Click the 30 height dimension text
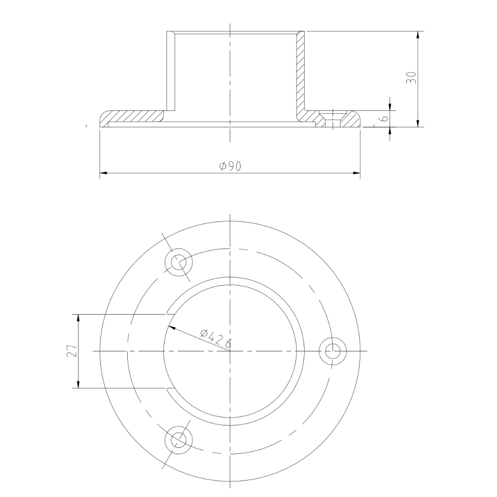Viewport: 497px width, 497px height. pyautogui.click(x=411, y=77)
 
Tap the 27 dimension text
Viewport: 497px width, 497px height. pyautogui.click(x=72, y=351)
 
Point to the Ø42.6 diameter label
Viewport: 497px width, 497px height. pyautogui.click(x=215, y=338)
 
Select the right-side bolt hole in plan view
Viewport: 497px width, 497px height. pyautogui.click(x=332, y=351)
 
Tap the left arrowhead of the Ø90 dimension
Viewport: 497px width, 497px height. pyautogui.click(x=103, y=173)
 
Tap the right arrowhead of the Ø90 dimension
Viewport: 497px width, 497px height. pyautogui.click(x=356, y=173)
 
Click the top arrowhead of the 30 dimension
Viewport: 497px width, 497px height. pyautogui.click(x=417, y=35)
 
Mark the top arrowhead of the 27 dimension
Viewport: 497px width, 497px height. pyautogui.click(x=78, y=318)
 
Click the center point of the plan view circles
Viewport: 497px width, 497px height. pyautogui.click(x=230, y=351)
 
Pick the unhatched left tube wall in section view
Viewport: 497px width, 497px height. pyautogui.click(x=170, y=70)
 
